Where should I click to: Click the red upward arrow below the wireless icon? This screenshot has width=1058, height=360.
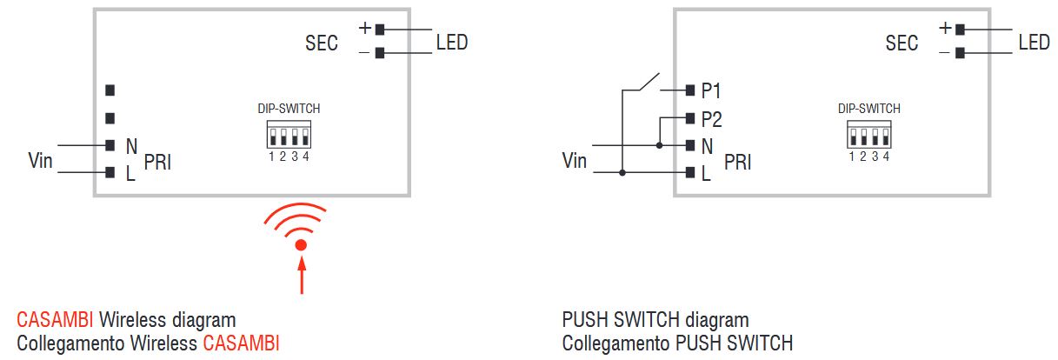pyautogui.click(x=301, y=277)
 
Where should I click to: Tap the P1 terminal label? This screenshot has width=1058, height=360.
pyautogui.click(x=711, y=90)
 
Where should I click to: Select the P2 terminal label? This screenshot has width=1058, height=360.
pyautogui.click(x=711, y=120)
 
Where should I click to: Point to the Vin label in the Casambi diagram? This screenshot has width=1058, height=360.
pyautogui.click(x=41, y=160)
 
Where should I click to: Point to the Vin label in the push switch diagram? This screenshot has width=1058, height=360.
pyautogui.click(x=575, y=160)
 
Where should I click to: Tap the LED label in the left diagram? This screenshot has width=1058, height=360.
pyautogui.click(x=451, y=42)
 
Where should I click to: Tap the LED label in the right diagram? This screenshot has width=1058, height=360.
pyautogui.click(x=1034, y=42)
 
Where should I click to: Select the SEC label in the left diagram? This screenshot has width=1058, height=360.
pyautogui.click(x=322, y=43)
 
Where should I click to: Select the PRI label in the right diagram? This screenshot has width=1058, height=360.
pyautogui.click(x=737, y=162)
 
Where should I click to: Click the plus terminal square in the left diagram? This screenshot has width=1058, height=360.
pyautogui.click(x=380, y=29)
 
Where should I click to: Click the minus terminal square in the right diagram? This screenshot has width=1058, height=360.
pyautogui.click(x=960, y=53)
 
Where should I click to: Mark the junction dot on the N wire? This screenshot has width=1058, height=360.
pyautogui.click(x=659, y=145)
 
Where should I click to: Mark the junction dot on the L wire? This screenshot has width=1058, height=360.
pyautogui.click(x=622, y=173)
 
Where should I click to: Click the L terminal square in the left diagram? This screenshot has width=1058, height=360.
pyautogui.click(x=110, y=173)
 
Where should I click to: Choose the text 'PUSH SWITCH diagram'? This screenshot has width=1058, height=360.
pyautogui.click(x=655, y=320)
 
